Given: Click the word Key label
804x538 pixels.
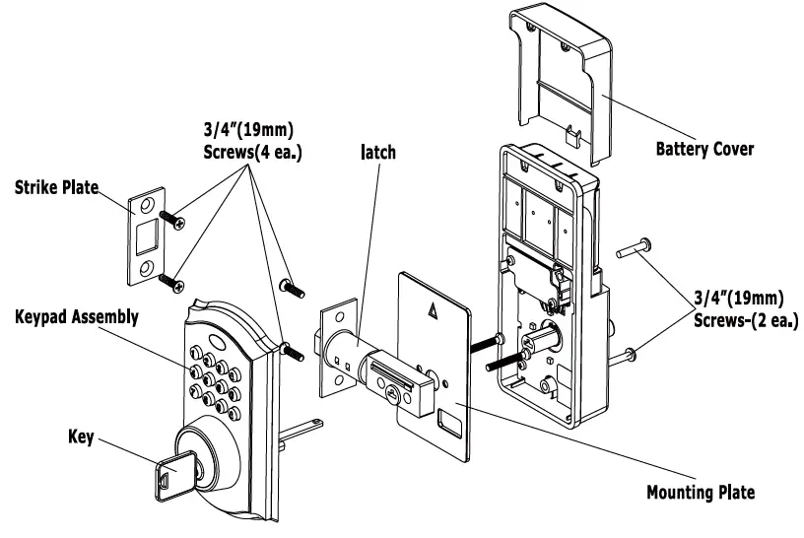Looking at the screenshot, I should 81,437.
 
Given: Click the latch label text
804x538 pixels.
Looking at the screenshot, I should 378,154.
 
